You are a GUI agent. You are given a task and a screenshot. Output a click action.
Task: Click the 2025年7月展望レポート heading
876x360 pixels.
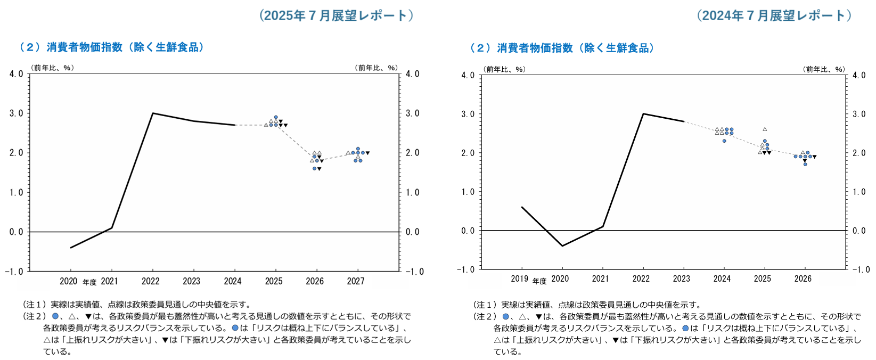tap(336, 15)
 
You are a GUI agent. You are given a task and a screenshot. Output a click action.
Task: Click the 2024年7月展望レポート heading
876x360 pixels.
tap(774, 15)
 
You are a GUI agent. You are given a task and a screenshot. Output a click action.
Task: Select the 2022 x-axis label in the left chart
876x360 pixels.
tap(151, 281)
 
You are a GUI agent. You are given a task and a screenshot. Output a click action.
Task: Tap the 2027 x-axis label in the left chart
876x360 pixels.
tap(356, 281)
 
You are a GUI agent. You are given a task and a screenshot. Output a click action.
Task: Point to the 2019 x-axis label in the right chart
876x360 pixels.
tap(520, 279)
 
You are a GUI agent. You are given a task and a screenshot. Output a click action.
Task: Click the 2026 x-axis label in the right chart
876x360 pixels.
tap(803, 279)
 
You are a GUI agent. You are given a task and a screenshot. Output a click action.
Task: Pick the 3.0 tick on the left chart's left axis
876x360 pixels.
tap(16, 113)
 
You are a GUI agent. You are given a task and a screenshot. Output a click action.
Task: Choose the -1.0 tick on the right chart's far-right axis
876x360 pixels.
tap(858, 269)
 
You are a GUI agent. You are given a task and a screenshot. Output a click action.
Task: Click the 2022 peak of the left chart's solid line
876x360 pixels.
tap(153, 113)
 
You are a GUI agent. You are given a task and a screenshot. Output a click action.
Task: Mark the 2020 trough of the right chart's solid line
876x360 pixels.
tap(562, 246)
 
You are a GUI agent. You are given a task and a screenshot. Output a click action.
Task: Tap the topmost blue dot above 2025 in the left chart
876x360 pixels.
tap(276, 117)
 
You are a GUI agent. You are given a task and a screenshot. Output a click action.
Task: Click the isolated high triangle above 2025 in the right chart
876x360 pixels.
tap(765, 129)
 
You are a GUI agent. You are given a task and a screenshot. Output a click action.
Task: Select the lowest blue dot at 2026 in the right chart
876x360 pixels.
tap(805, 164)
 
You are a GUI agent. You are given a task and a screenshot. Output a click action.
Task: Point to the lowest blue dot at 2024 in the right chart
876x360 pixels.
tap(724, 141)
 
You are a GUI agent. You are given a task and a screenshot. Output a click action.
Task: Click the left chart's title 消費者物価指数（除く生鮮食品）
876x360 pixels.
tap(112, 47)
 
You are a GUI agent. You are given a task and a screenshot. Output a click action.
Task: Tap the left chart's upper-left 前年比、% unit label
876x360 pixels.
tap(52, 68)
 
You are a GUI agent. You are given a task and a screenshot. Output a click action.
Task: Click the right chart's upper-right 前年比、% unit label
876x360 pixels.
tap(824, 69)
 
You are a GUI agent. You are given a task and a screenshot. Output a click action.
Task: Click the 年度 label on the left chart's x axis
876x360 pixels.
tap(89, 282)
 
